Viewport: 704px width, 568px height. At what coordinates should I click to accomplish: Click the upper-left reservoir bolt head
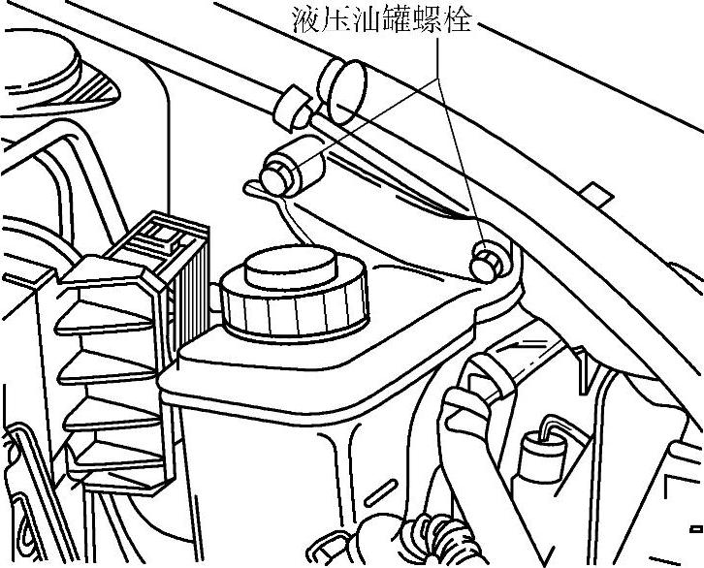[x=277, y=177]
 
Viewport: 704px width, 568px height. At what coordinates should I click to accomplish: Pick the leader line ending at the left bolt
[x=368, y=116]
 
